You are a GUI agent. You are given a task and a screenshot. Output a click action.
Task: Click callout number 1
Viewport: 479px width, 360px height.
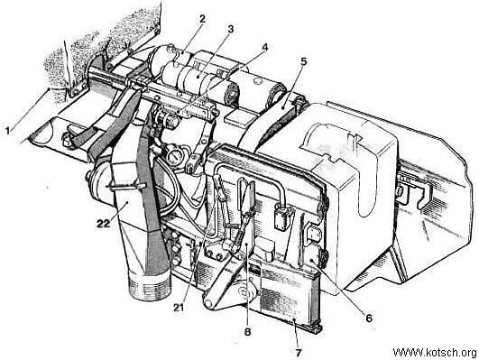[8, 131]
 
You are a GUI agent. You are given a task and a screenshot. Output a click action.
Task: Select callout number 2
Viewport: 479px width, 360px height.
[202, 19]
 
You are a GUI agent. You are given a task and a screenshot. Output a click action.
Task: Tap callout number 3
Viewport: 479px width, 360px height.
[230, 30]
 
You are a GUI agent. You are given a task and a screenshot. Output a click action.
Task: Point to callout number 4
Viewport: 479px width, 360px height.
[264, 47]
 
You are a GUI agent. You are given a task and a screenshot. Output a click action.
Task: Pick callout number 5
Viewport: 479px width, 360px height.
[303, 61]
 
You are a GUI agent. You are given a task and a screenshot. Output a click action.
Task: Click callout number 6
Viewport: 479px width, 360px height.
[369, 318]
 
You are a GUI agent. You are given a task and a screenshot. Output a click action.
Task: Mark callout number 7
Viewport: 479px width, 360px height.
[299, 353]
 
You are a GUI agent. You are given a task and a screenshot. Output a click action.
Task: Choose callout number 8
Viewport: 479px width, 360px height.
[247, 331]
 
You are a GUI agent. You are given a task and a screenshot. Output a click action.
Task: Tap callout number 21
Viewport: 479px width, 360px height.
[179, 308]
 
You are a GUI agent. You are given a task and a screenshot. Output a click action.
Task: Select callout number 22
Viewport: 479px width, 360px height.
[103, 224]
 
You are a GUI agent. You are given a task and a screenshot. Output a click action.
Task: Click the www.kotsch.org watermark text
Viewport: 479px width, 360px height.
[435, 353]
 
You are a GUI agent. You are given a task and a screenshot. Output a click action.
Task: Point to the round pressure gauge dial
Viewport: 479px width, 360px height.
[174, 156]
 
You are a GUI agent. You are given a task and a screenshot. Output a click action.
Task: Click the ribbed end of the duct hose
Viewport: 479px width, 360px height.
[150, 286]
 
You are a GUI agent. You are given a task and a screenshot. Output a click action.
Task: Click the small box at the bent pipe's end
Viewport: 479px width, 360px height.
[282, 217]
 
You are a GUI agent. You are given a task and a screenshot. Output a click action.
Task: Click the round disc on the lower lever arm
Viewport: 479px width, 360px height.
[246, 291]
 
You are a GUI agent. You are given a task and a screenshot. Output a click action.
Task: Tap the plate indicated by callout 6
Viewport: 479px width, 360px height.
[314, 258]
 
